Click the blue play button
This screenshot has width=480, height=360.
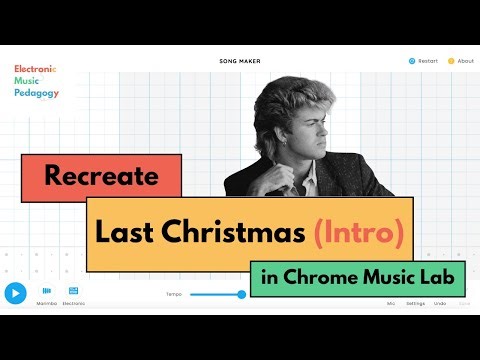pyautogui.click(x=15, y=293)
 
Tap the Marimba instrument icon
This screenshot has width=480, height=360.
pyautogui.click(x=47, y=292)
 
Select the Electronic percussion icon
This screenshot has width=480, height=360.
pyautogui.click(x=73, y=292)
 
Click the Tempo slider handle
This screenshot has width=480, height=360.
pyautogui.click(x=241, y=294)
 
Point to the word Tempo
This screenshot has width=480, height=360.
pyautogui.click(x=175, y=294)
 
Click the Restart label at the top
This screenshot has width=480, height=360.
pyautogui.click(x=427, y=61)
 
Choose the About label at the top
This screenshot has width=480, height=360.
pyautogui.click(x=465, y=61)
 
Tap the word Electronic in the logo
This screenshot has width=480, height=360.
pyautogui.click(x=35, y=68)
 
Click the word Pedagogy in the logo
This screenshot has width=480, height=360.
pyautogui.click(x=35, y=91)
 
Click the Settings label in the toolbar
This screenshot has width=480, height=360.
pyautogui.click(x=415, y=302)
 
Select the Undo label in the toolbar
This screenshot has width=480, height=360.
pyautogui.click(x=440, y=302)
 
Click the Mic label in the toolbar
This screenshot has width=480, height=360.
pyautogui.click(x=390, y=302)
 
